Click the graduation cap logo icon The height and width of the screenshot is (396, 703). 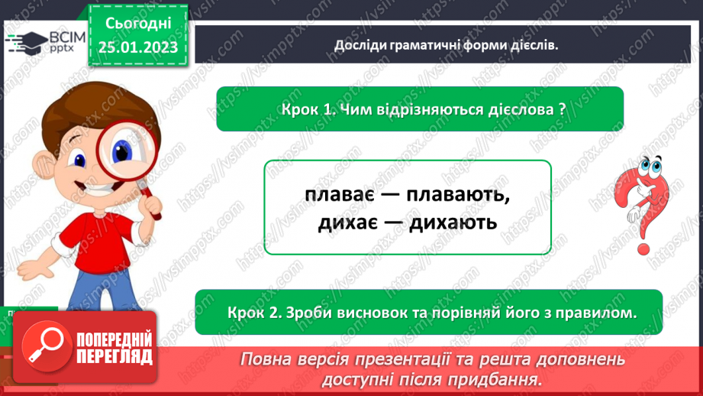coord(23,43)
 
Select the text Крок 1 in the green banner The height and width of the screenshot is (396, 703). coord(305,109)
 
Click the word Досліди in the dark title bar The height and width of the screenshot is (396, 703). coord(363,44)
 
